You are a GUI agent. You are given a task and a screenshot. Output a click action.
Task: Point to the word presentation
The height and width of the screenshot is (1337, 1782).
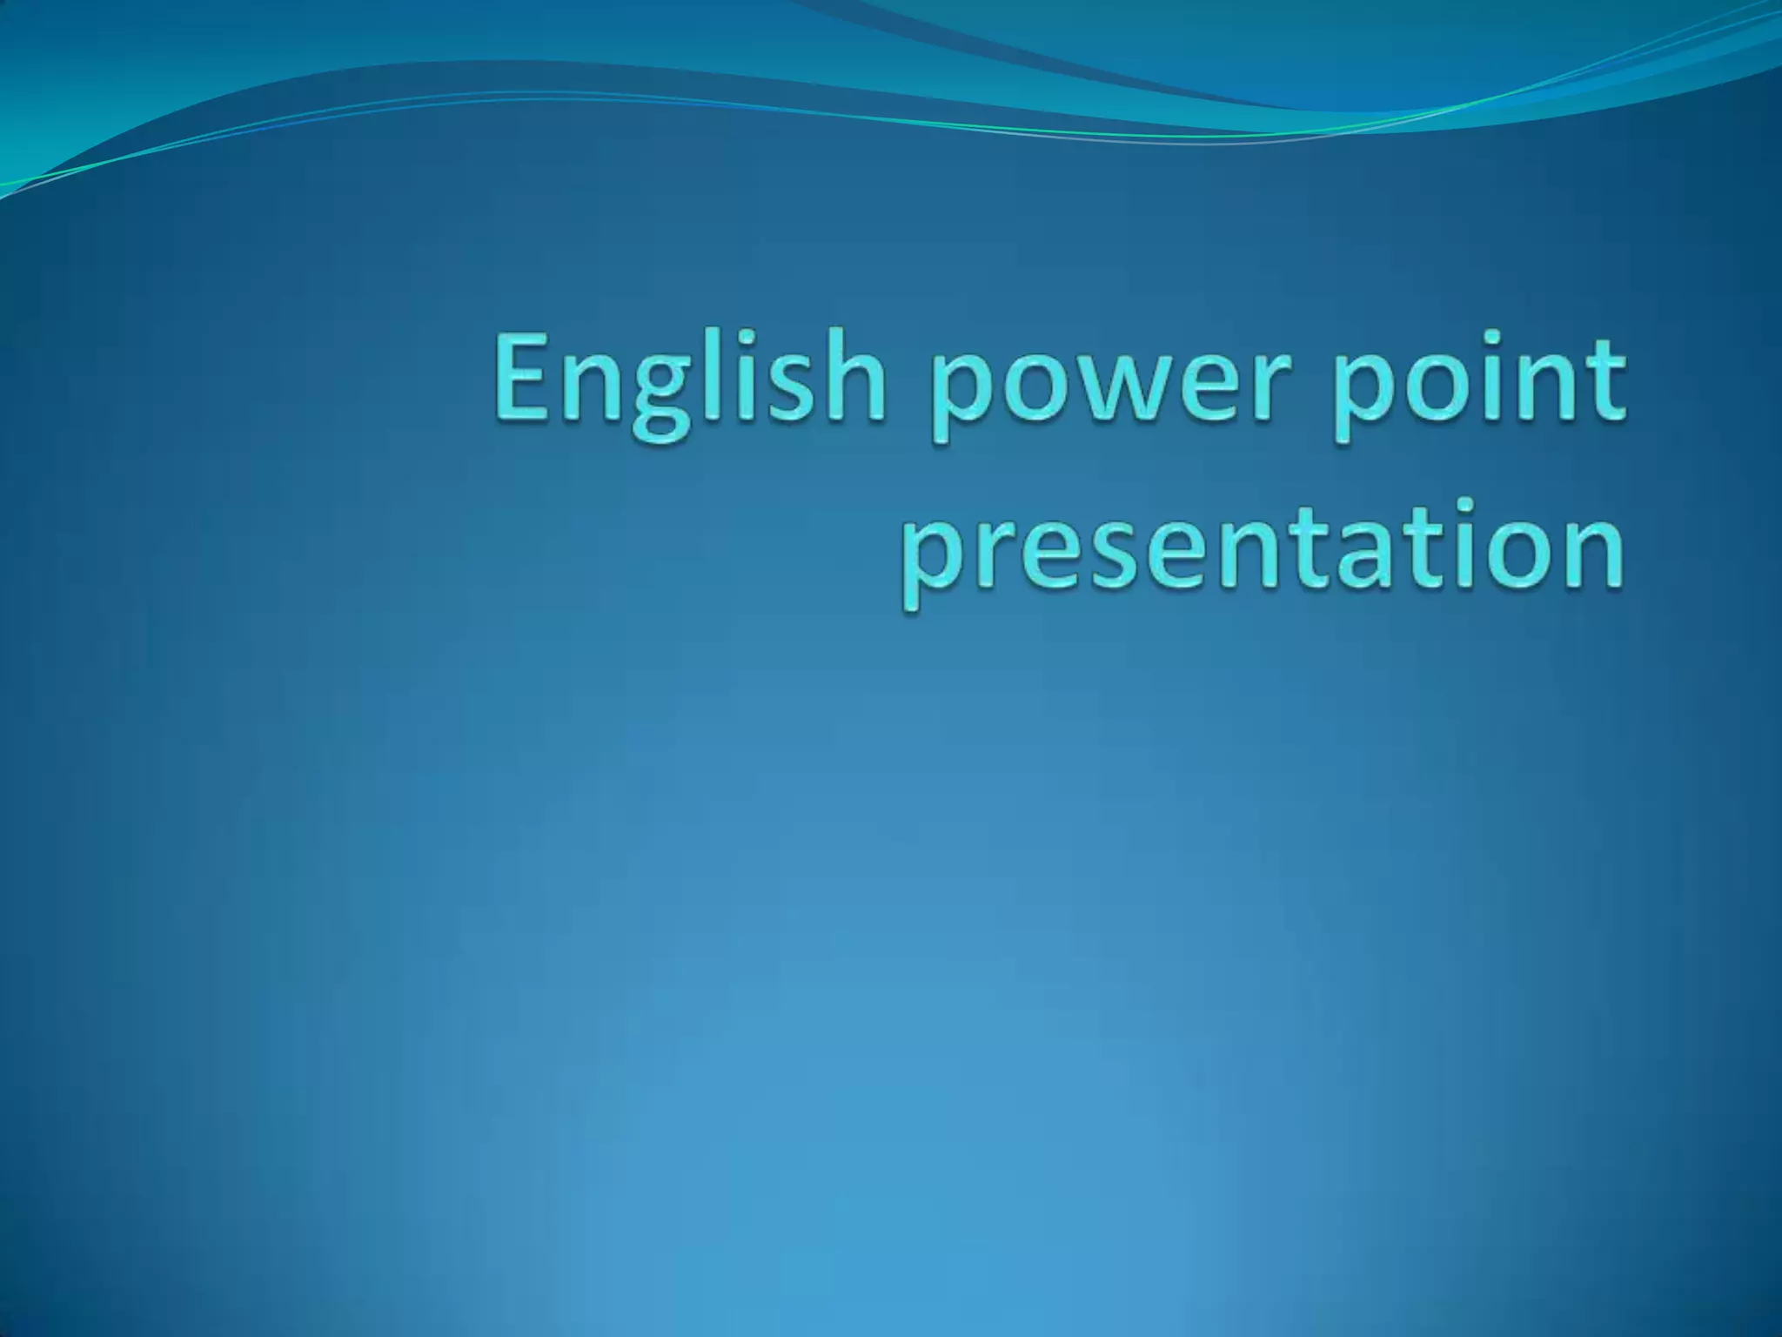(1262, 554)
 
